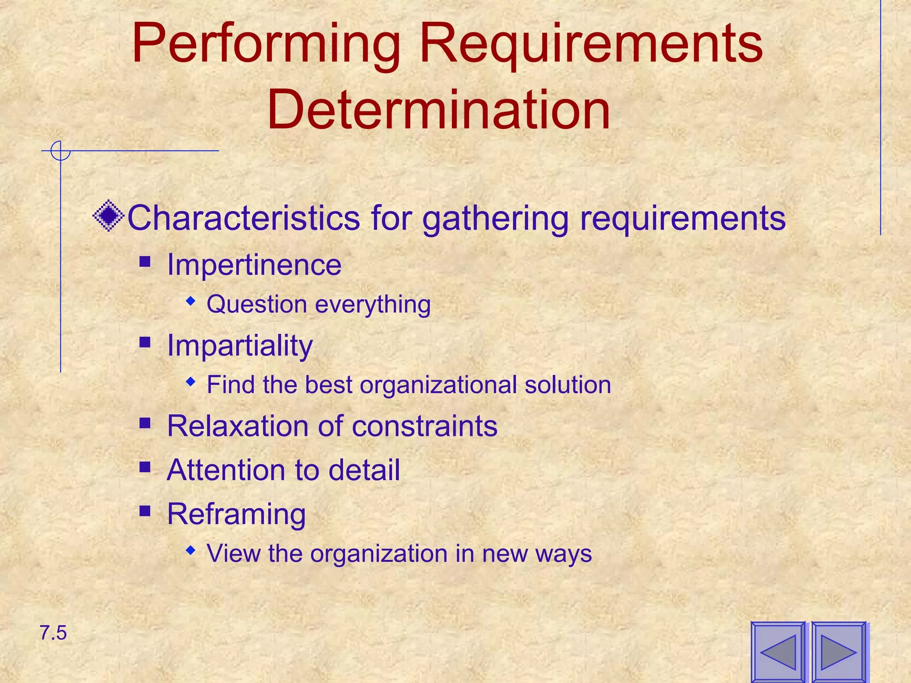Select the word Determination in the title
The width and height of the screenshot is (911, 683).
[x=438, y=110]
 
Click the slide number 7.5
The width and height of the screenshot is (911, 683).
[x=53, y=633]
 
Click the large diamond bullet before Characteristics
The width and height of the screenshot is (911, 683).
[x=108, y=216]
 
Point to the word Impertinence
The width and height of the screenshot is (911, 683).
[x=254, y=265]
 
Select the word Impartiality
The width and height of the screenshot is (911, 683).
[x=240, y=345]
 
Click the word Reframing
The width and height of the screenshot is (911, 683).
[x=236, y=514]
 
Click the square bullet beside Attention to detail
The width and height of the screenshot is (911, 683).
[x=145, y=467]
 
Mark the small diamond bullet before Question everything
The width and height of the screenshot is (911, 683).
[x=191, y=301]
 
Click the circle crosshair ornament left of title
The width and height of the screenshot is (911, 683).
[x=60, y=151]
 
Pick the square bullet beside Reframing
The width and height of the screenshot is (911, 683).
[x=145, y=511]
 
